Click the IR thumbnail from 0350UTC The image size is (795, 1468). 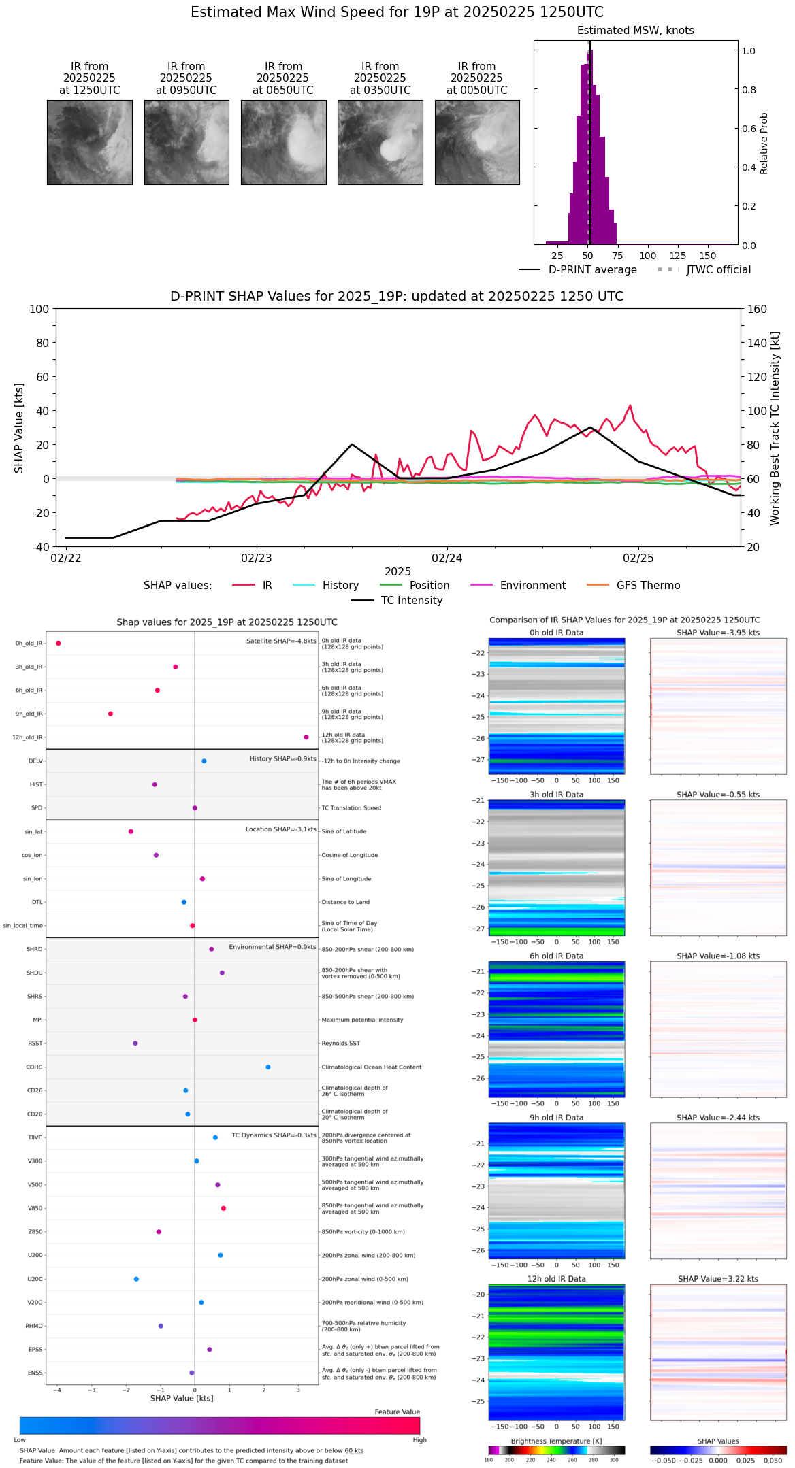380,142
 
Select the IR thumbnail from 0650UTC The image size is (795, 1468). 283,142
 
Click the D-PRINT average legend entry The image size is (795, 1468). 592,270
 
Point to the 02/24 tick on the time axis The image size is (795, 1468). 447,558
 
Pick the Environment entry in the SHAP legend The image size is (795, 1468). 532,586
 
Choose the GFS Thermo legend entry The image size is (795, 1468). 648,586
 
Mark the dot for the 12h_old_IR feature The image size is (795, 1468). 306,737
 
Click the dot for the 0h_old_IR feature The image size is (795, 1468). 59,644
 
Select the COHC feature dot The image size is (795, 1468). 268,1067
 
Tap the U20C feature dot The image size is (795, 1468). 136,1279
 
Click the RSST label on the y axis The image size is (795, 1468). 35,1044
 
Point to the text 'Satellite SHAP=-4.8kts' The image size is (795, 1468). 281,641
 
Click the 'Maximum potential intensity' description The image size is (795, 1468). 362,1020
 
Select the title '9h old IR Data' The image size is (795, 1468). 556,1118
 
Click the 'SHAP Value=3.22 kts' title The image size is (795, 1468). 718,1280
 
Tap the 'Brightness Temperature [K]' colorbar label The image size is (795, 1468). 556,1441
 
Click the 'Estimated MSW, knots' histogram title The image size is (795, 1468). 635,31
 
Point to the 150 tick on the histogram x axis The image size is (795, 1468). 708,256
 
